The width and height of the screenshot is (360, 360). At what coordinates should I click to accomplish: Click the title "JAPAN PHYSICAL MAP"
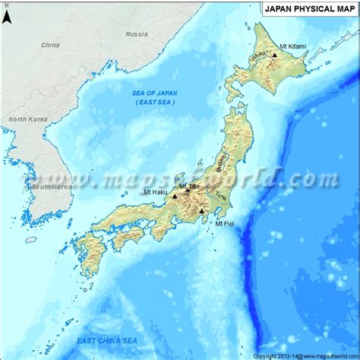point(308,10)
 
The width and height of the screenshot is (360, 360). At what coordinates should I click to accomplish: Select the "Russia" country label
point(137,34)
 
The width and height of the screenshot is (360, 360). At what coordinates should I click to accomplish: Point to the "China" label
point(50,45)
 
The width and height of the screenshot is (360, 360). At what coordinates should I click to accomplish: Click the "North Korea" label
point(27,119)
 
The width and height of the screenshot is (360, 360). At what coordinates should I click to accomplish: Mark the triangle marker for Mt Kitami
point(274,55)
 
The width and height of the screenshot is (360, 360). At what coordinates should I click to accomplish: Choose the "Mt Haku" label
point(156,192)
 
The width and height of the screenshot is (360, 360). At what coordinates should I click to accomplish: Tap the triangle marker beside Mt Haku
point(175,196)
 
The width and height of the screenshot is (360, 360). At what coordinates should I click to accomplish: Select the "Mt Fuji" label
point(224,223)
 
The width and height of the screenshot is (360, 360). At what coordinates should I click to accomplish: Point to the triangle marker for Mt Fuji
point(201,211)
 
